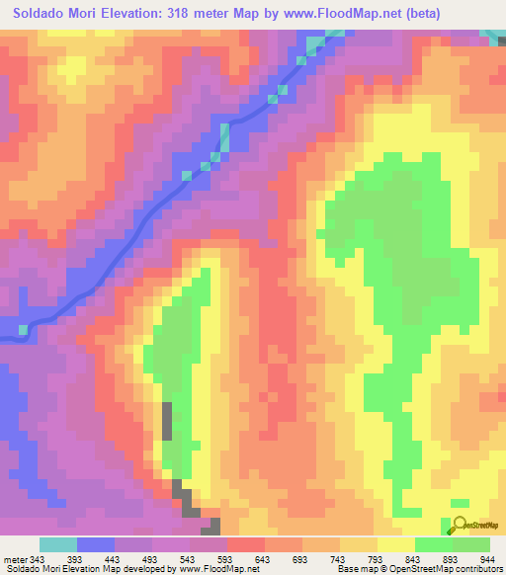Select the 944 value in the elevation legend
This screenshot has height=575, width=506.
point(487,559)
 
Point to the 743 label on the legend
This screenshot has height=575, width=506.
point(337,559)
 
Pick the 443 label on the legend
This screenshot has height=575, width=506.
point(114,559)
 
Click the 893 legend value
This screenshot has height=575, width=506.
point(451,559)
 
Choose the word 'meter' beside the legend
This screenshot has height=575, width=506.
point(15,559)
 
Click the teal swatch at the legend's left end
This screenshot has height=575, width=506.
point(58,544)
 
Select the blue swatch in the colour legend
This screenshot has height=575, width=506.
point(96,544)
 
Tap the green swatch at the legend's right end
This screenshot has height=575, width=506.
point(470,544)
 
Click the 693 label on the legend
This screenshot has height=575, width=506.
point(299,559)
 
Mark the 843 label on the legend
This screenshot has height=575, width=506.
point(412,559)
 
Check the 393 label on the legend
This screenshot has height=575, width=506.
point(76,559)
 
